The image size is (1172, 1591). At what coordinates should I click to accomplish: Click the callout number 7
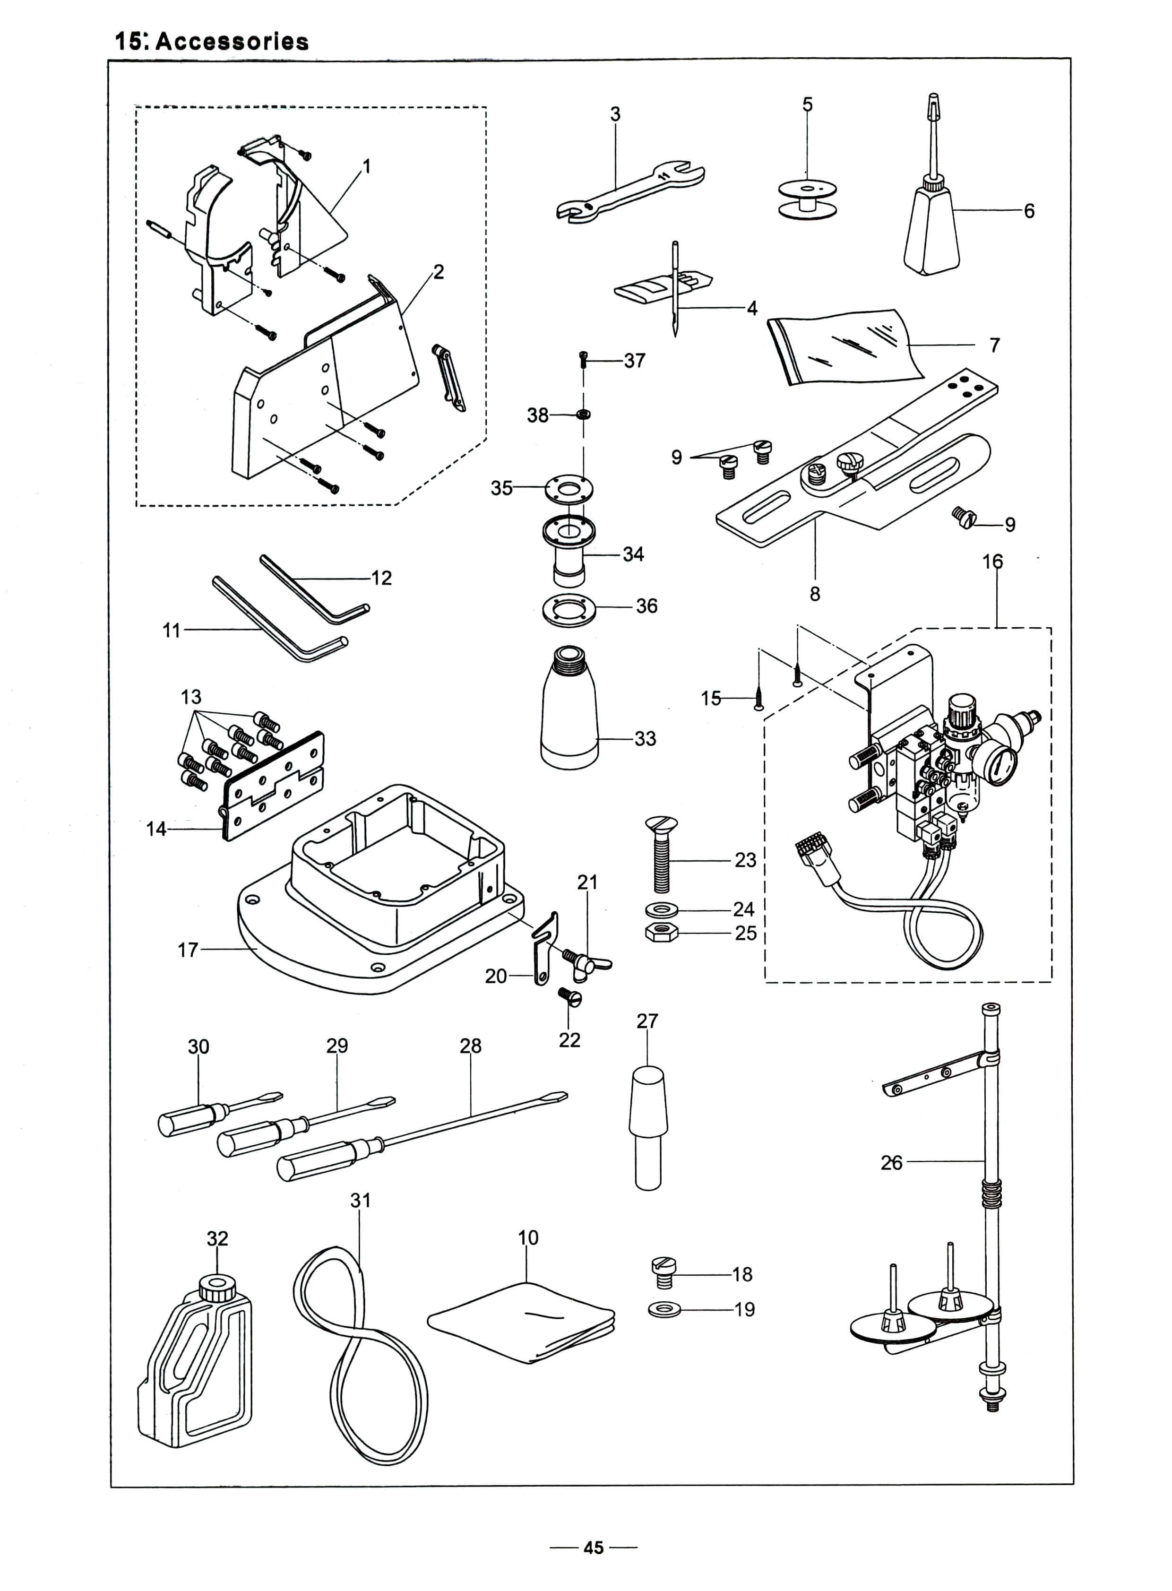pos(995,345)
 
